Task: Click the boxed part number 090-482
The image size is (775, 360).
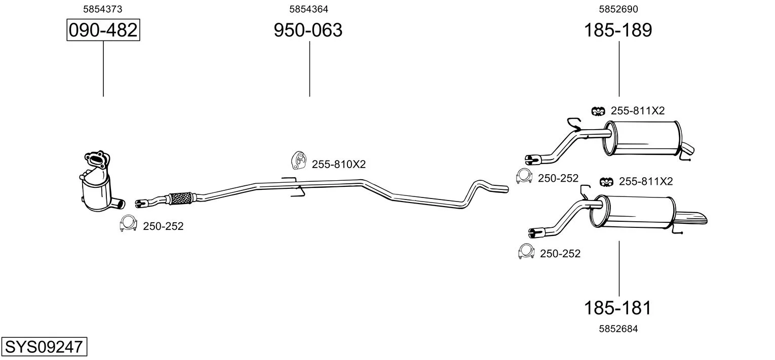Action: pyautogui.click(x=103, y=30)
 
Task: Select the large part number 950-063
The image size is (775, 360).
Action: pyautogui.click(x=308, y=30)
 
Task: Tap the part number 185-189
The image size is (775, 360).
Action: pyautogui.click(x=618, y=30)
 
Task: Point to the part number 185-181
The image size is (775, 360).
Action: pyautogui.click(x=617, y=308)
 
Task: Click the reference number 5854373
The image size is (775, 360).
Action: pyautogui.click(x=102, y=9)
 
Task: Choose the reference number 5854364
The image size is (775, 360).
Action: pyautogui.click(x=308, y=9)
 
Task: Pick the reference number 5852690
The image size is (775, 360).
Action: pyautogui.click(x=618, y=9)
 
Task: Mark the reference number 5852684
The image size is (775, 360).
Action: pyautogui.click(x=618, y=329)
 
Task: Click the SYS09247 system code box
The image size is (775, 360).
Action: pyautogui.click(x=44, y=346)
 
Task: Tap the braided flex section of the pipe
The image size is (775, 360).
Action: pyautogui.click(x=180, y=198)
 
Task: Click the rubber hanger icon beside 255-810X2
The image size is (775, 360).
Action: pyautogui.click(x=298, y=161)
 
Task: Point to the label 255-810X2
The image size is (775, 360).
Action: pyautogui.click(x=339, y=164)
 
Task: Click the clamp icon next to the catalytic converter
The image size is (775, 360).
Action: pyautogui.click(x=128, y=223)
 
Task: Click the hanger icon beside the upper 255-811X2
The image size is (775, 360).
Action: pyautogui.click(x=598, y=111)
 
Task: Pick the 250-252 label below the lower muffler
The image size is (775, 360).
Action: pyautogui.click(x=560, y=254)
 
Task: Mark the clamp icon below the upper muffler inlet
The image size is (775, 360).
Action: pyautogui.click(x=524, y=176)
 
